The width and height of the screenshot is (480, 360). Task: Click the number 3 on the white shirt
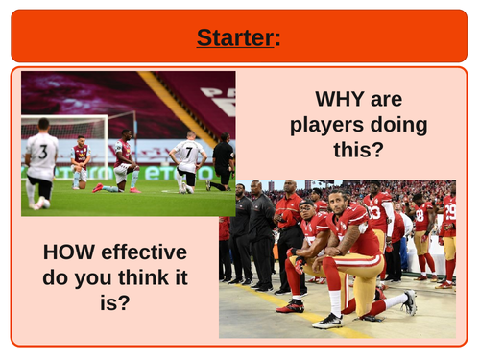tap(41, 150)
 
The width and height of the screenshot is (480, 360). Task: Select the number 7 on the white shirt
tap(189, 152)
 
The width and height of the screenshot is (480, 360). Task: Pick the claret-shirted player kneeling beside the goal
tap(80, 161)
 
